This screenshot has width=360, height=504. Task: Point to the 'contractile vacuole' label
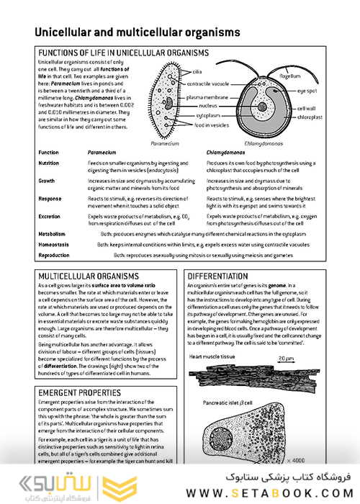(210, 84)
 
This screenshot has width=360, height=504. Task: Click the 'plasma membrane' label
(208, 96)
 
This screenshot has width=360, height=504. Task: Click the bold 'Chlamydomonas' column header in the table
(228, 153)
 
